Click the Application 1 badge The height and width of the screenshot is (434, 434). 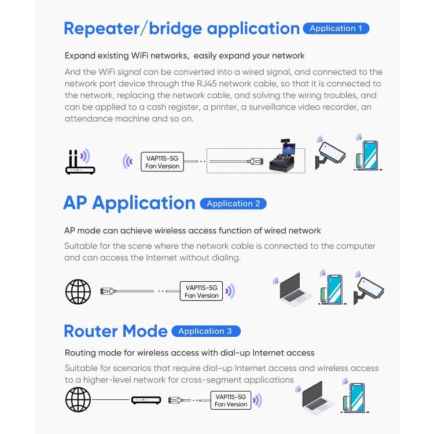(x=336, y=28)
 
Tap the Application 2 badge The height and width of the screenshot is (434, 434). (x=233, y=203)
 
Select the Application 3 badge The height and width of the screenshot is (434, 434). (x=205, y=331)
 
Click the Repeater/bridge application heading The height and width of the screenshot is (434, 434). (x=182, y=28)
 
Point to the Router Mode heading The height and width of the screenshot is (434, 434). (x=116, y=331)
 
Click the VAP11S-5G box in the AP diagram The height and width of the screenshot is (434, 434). (x=201, y=290)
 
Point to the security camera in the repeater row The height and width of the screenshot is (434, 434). (x=330, y=154)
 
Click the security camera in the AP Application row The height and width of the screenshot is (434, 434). (x=369, y=289)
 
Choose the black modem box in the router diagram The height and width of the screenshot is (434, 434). (x=146, y=400)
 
